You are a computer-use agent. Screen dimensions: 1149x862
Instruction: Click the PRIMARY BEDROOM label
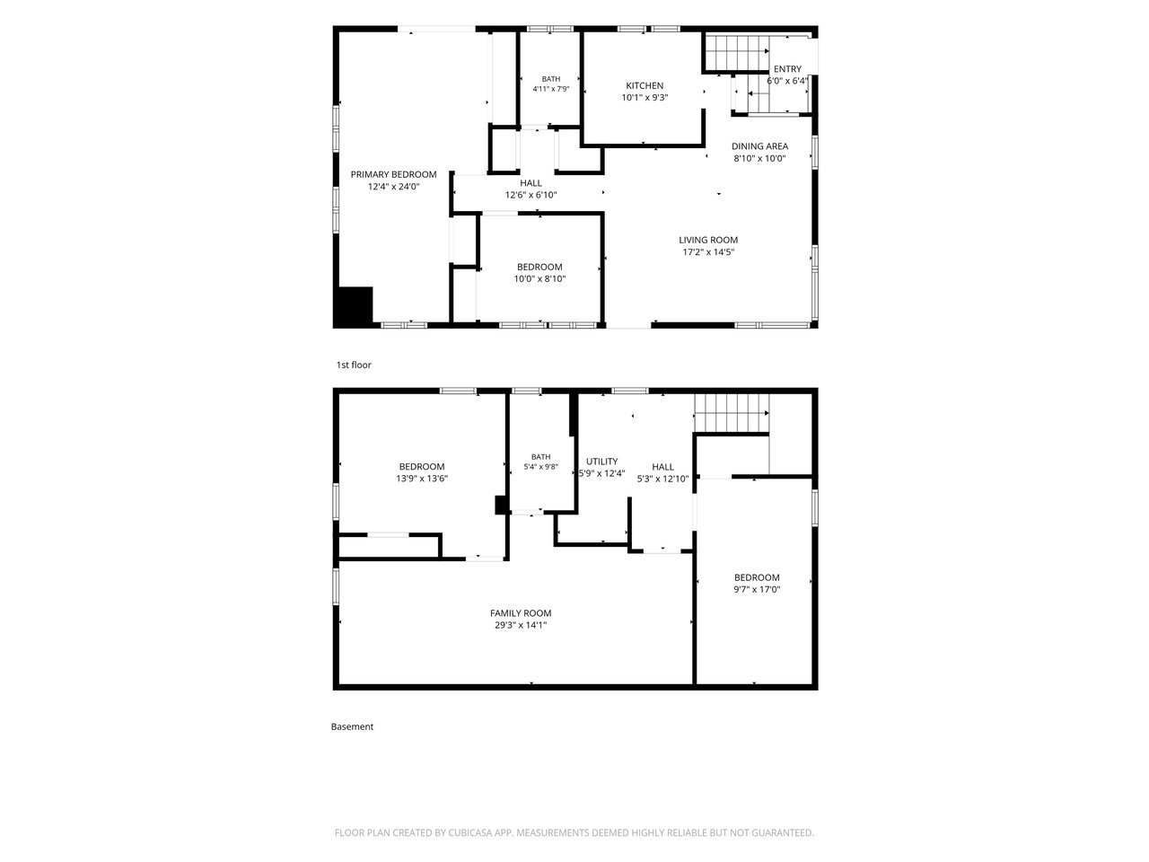(x=393, y=174)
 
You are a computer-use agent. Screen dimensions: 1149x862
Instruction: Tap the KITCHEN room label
(x=645, y=85)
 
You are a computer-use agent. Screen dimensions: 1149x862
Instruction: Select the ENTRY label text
(x=787, y=69)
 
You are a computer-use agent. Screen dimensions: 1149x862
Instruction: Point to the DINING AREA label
(x=759, y=146)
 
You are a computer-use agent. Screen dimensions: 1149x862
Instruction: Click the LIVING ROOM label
(x=708, y=241)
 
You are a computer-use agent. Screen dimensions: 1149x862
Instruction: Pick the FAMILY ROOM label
(x=521, y=613)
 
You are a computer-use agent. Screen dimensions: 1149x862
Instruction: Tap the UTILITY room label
(x=601, y=462)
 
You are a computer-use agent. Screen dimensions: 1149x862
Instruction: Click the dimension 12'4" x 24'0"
(x=394, y=187)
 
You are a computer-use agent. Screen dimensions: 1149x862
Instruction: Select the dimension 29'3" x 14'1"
(x=521, y=625)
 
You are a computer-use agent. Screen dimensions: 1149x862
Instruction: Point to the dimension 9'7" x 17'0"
(x=757, y=589)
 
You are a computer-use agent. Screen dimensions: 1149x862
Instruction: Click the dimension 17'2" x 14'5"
(x=708, y=252)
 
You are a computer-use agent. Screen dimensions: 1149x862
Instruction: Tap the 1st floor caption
(x=354, y=365)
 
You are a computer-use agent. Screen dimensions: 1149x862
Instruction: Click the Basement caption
(x=352, y=726)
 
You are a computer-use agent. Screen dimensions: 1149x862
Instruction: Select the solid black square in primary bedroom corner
(x=355, y=306)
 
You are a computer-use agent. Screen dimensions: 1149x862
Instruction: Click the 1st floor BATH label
(x=550, y=79)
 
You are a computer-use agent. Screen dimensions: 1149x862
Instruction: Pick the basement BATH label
(x=540, y=457)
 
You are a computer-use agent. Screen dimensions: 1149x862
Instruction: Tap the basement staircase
(x=732, y=413)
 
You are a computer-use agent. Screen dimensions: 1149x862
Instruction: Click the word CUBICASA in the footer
(x=469, y=832)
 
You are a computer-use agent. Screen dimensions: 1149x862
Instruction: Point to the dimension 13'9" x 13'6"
(x=422, y=479)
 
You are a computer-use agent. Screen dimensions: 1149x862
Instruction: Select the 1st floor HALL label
(x=531, y=183)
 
